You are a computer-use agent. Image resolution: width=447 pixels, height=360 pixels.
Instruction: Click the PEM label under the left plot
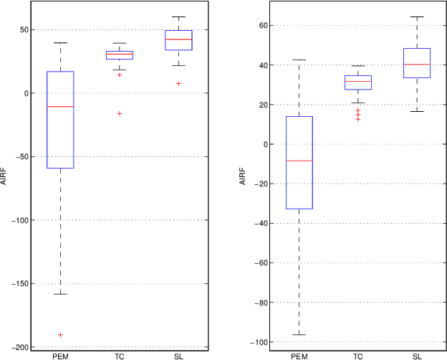[x=60, y=355]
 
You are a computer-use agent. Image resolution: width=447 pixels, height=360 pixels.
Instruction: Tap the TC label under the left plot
[x=119, y=355]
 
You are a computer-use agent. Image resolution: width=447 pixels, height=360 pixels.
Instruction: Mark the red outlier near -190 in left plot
[x=60, y=335]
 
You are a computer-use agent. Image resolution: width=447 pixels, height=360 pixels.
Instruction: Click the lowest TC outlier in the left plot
[x=119, y=113]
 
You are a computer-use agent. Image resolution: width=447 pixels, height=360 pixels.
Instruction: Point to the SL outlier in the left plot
[x=178, y=83]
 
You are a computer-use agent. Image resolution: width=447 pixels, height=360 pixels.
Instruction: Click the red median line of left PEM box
[x=60, y=106]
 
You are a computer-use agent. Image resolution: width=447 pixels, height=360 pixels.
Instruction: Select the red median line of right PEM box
[x=299, y=161]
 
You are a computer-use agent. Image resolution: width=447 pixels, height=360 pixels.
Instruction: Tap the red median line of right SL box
[x=417, y=65]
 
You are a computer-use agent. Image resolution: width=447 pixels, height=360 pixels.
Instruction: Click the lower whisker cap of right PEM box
[x=299, y=335]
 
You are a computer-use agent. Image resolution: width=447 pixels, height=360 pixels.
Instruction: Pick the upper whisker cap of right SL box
[x=417, y=16]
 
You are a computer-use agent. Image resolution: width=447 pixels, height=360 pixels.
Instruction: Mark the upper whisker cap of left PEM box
[x=60, y=43]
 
